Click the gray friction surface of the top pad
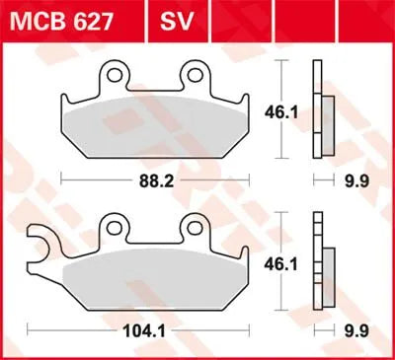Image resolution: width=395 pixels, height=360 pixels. click(158, 123)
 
